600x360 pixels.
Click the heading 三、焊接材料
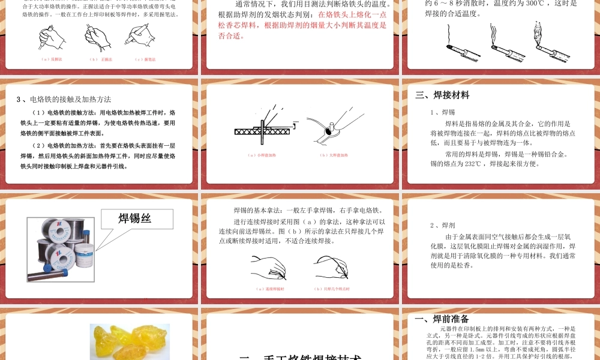pos(442,95)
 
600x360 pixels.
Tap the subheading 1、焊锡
pos(443,112)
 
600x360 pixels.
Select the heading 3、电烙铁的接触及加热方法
pos(64,99)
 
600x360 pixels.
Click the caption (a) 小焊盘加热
pos(262,155)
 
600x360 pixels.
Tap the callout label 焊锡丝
pos(134,218)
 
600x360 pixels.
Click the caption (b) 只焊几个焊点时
pos(332,289)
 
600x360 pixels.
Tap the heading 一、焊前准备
pos(442,319)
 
